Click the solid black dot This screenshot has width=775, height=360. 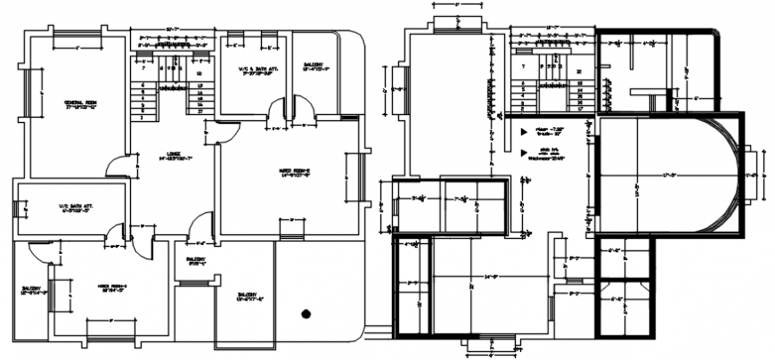306,313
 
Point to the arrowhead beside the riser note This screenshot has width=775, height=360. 522,131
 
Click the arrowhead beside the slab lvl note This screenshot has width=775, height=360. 522,152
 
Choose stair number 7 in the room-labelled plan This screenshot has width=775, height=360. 141,68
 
